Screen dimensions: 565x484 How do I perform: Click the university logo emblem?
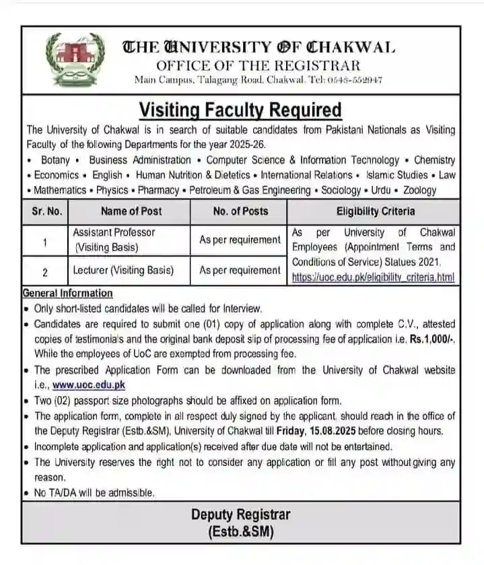point(75,61)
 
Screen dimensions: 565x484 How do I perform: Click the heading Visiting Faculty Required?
point(240,110)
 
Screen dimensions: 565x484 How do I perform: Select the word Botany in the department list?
point(55,160)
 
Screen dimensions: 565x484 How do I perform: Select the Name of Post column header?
point(131,211)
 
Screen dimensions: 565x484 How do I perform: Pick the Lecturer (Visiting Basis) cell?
point(123,271)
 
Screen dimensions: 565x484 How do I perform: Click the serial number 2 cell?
point(44,272)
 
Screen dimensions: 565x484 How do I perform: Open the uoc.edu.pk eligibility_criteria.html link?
point(373,277)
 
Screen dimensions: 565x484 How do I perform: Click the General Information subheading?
point(68,293)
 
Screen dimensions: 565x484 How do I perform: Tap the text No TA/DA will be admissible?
point(94,493)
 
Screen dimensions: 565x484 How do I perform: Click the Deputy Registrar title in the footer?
point(240,515)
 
